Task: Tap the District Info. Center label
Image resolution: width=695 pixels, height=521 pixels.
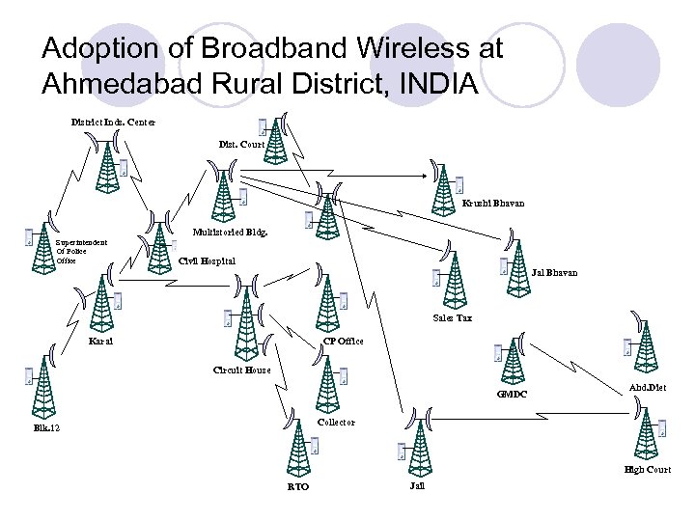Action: point(112,122)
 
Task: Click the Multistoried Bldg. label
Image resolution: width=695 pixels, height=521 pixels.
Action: point(230,233)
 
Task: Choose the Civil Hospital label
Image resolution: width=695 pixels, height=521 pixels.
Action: point(207,260)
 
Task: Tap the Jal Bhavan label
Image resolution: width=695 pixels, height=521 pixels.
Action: point(554,273)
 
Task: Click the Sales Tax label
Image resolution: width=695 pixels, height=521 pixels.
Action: point(452,317)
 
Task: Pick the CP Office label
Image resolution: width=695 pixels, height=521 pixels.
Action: point(343,342)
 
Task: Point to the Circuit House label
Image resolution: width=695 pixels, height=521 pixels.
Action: point(241,370)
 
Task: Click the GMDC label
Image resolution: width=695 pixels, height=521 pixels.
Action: point(511,394)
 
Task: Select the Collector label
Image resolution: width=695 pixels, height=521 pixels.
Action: point(336,422)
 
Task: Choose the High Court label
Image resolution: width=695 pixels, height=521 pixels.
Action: point(647,470)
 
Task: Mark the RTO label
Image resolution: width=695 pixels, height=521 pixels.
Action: point(298,488)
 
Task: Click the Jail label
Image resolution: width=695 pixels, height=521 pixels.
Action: point(416,487)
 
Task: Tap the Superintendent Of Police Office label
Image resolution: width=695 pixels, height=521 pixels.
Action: point(80,251)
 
